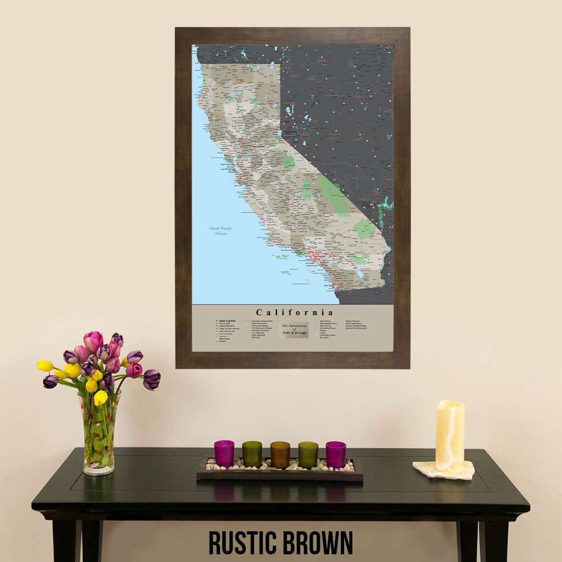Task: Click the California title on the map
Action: (x=294, y=313)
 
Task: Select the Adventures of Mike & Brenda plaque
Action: (x=295, y=329)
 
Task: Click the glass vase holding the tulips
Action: (x=99, y=434)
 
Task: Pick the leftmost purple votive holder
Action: (x=224, y=453)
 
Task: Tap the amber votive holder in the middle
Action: (x=280, y=454)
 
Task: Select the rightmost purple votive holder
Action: (x=336, y=454)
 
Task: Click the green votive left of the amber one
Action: (x=252, y=454)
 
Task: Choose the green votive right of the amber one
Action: (x=308, y=454)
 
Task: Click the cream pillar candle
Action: (x=450, y=435)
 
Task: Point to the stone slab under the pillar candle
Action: (x=443, y=470)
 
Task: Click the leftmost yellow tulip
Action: (x=45, y=366)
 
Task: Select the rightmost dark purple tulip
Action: (x=151, y=379)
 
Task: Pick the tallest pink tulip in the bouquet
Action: (x=93, y=341)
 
